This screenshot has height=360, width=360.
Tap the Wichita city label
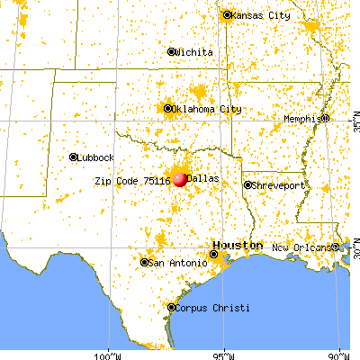coord(195,52)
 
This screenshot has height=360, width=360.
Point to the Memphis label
coord(301,118)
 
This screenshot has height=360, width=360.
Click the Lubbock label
coord(96,157)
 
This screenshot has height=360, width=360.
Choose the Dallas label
coord(204,179)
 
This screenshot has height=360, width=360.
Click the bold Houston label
coord(238,246)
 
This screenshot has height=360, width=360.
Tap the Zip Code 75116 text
coord(132,180)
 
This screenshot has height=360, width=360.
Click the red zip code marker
coord(180,179)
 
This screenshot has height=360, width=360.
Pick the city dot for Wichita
coord(172,51)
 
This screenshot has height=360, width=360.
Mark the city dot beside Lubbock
coord(73,157)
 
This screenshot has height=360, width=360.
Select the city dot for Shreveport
coord(247,185)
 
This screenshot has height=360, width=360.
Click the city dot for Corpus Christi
coord(171,308)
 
